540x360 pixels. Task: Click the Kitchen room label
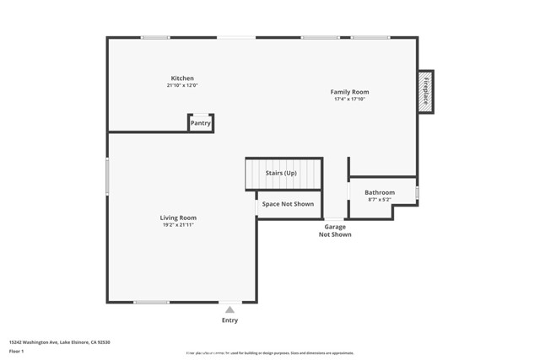pos(182,78)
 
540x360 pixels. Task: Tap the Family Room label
pos(349,92)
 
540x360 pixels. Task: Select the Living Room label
pos(178,218)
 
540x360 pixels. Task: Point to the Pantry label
pos(200,123)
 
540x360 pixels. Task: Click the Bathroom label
pos(380,192)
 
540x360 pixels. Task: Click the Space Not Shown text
pos(288,204)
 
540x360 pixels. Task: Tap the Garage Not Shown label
pos(335,230)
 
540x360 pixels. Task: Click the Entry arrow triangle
pos(229,309)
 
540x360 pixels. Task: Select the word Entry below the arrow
pos(229,320)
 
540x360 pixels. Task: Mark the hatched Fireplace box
pos(425,91)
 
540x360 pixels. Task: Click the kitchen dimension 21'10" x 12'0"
pos(182,86)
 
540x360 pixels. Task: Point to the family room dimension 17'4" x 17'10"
pos(349,99)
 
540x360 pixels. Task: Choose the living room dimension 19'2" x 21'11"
pos(178,225)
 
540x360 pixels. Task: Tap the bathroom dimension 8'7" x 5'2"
pos(380,200)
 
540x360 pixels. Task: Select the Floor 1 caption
pos(17,352)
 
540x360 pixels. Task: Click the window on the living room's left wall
pos(107,177)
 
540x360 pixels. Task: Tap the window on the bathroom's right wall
pos(417,193)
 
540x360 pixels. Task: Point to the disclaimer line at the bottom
pos(270,353)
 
